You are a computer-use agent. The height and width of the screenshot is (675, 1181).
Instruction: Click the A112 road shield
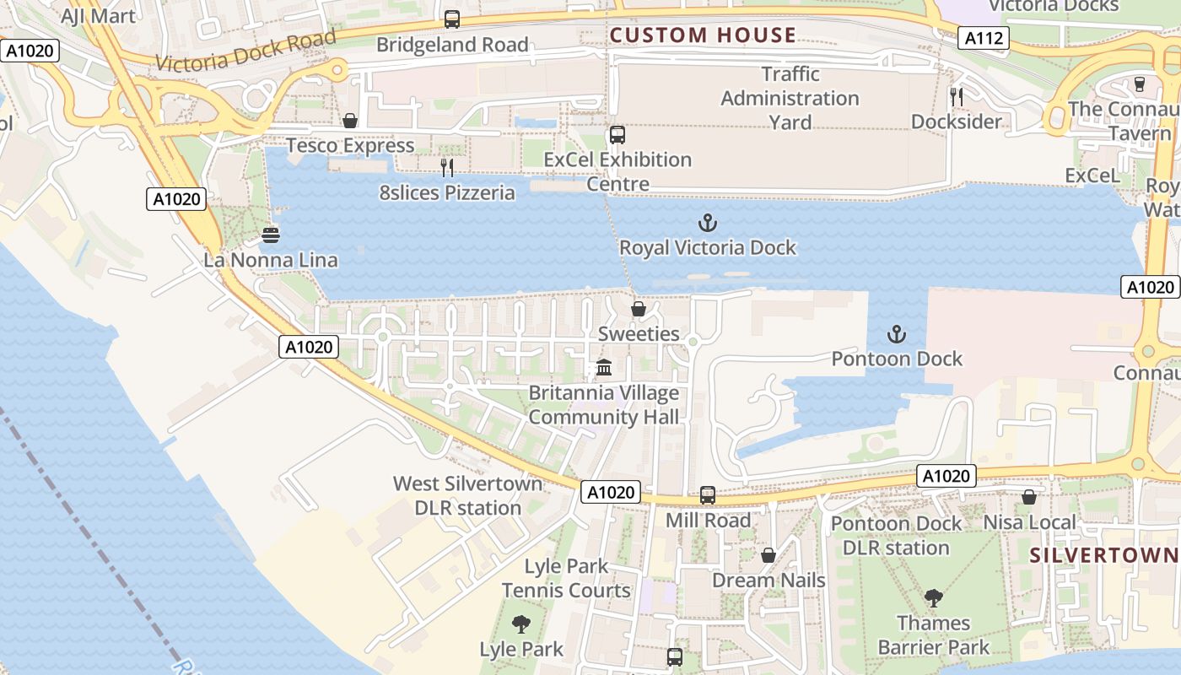(x=984, y=38)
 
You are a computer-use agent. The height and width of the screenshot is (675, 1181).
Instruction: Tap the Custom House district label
(x=703, y=35)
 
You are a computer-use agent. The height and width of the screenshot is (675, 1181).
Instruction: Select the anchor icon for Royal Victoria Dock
(x=708, y=223)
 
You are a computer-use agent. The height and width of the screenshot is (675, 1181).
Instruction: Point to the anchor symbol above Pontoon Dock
(x=897, y=334)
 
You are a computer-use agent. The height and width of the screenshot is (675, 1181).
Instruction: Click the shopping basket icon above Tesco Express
(x=350, y=121)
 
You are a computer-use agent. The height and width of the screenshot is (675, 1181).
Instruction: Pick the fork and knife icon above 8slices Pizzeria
(x=447, y=168)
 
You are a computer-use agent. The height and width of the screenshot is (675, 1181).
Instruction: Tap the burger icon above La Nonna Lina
(x=271, y=235)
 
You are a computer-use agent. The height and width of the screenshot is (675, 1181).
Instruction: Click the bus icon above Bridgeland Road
(x=452, y=19)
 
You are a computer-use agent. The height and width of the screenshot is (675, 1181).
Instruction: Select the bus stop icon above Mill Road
(x=708, y=495)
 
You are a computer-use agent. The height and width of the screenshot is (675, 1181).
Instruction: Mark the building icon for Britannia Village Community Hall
(x=604, y=368)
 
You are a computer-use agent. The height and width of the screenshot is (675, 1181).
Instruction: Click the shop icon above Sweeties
(x=639, y=309)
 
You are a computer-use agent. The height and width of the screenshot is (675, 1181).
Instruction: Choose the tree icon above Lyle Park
(x=521, y=624)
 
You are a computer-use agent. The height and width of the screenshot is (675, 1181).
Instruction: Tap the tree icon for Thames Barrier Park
(x=933, y=598)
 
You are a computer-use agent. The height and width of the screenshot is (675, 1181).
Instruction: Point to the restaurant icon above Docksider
(x=957, y=96)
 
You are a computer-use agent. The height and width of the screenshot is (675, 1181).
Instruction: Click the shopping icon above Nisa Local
(x=1029, y=497)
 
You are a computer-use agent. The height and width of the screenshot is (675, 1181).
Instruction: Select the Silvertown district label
(x=1103, y=555)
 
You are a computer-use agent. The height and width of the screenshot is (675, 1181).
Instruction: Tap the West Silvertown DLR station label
(x=468, y=495)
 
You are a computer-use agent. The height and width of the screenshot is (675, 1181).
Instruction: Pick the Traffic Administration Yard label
(x=790, y=98)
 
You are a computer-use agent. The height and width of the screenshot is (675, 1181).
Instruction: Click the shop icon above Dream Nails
(x=768, y=555)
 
